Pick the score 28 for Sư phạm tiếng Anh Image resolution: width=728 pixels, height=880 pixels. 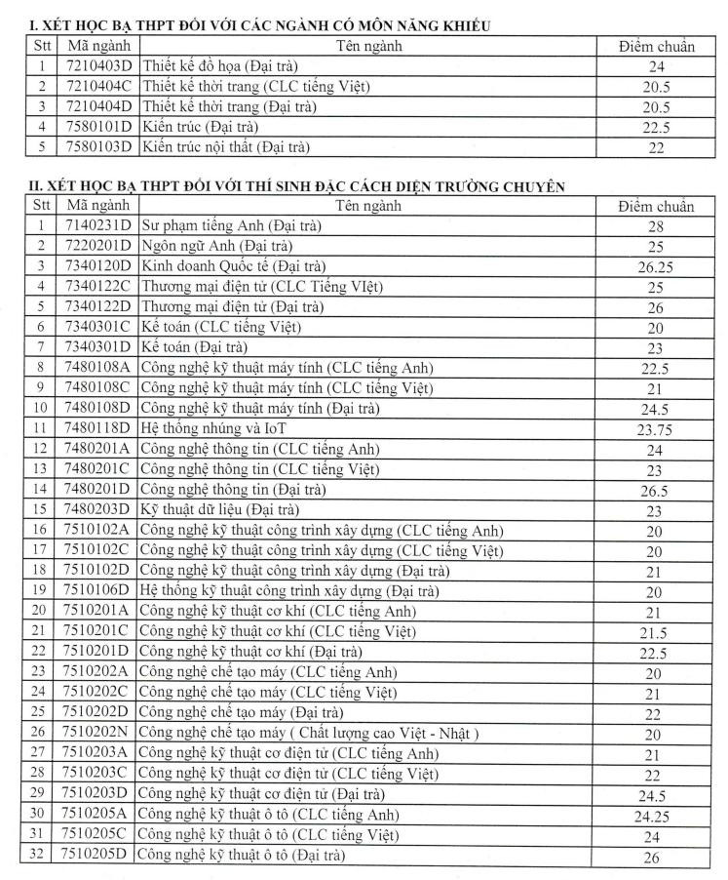tap(655, 225)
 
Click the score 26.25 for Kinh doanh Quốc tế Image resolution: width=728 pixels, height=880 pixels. tap(655, 266)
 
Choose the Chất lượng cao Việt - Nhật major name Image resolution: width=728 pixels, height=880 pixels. tap(309, 734)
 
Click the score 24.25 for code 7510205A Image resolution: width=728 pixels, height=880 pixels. tap(655, 816)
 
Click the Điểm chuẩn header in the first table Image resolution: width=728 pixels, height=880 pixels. tap(656, 47)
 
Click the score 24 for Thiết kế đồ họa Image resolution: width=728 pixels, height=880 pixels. tap(655, 67)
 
